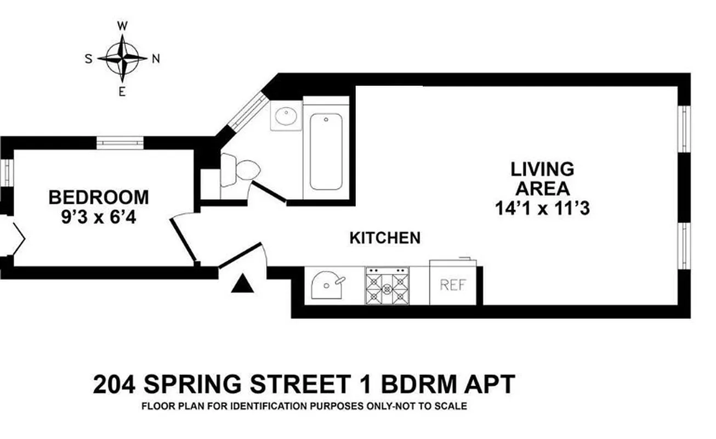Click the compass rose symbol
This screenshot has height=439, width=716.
tap(126, 58)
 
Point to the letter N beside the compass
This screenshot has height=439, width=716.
tap(156, 59)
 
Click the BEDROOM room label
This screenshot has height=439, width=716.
tap(99, 197)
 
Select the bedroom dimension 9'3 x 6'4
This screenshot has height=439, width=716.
tap(99, 218)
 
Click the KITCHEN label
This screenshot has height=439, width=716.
tap(385, 238)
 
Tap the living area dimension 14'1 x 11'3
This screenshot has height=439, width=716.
tap(542, 209)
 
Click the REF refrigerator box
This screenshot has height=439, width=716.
tap(452, 284)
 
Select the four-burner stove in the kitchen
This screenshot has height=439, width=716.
tap(388, 285)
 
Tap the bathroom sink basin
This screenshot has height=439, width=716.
tap(286, 116)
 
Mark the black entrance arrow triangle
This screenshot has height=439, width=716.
tap(242, 284)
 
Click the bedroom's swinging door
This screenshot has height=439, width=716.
tap(184, 239)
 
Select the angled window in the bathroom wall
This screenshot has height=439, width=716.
tap(245, 112)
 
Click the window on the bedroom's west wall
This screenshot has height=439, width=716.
tap(120, 143)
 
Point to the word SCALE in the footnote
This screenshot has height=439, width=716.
tap(452, 407)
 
